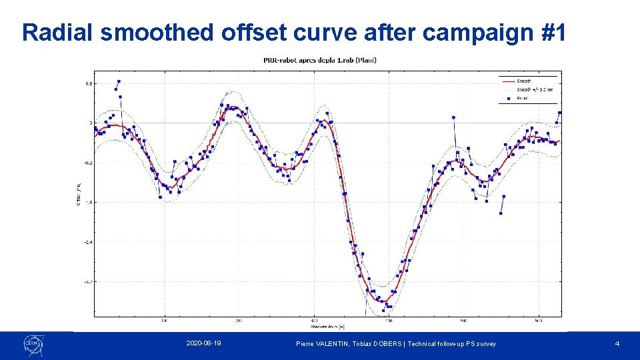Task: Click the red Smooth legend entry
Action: [x=524, y=81]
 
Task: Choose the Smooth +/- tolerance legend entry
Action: [x=533, y=89]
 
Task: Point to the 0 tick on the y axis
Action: [x=90, y=123]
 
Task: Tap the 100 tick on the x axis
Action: [x=165, y=320]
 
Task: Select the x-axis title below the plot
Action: [x=327, y=327]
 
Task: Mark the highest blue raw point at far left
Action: [x=119, y=82]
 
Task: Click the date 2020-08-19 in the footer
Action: [x=204, y=343]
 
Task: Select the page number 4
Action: [x=617, y=343]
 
